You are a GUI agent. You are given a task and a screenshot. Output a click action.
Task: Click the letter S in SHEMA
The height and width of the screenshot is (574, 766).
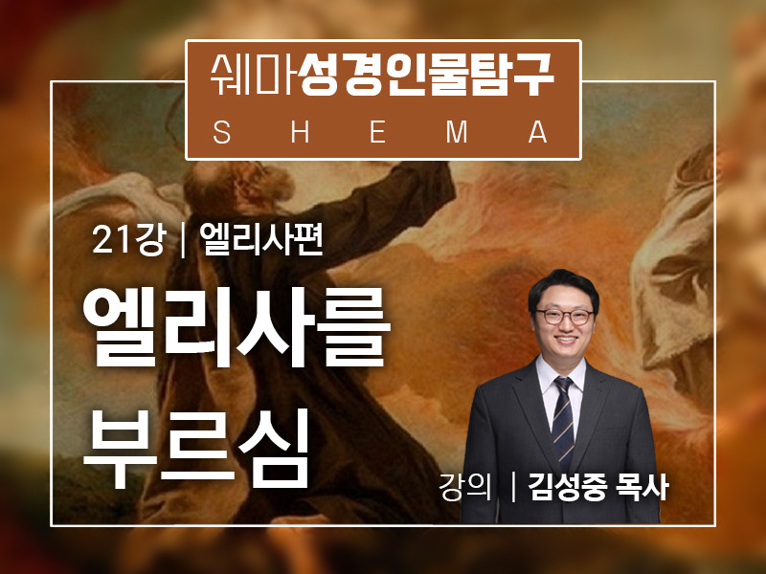pyautogui.click(x=222, y=132)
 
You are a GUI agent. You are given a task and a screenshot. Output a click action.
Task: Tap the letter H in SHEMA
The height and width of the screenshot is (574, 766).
pyautogui.click(x=300, y=132)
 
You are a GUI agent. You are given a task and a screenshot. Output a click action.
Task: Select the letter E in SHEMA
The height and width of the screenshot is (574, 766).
pyautogui.click(x=377, y=132)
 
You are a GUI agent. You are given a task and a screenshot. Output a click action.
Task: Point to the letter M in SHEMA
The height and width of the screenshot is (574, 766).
pyautogui.click(x=457, y=132)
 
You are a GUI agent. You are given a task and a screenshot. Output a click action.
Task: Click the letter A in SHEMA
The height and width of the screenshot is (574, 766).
pyautogui.click(x=538, y=132)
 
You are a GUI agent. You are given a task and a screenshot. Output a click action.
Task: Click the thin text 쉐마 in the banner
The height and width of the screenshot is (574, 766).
pyautogui.click(x=252, y=75)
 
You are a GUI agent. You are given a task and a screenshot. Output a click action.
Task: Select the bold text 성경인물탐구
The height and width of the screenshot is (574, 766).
pyautogui.click(x=426, y=75)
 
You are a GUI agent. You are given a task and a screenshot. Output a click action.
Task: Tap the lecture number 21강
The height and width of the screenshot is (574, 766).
pyautogui.click(x=128, y=240)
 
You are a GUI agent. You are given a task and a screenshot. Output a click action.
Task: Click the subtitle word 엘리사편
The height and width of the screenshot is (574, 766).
pyautogui.click(x=261, y=239)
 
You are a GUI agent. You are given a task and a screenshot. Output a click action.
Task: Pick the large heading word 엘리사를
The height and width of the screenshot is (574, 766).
pyautogui.click(x=237, y=327)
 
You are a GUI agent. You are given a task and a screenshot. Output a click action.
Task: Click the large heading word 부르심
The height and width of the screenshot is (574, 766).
pyautogui.click(x=197, y=448)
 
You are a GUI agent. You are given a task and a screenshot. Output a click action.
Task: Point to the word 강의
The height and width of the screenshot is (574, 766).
pyautogui.click(x=465, y=486)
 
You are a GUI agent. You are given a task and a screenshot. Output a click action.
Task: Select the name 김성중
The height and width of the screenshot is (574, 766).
pyautogui.click(x=568, y=487)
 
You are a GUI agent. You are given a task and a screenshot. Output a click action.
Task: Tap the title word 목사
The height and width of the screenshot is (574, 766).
pyautogui.click(x=642, y=486)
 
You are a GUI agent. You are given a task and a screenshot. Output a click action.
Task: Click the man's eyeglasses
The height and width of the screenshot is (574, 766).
pyautogui.click(x=565, y=317)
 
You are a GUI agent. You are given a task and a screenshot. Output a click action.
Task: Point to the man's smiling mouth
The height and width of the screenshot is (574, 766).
pyautogui.click(x=566, y=339)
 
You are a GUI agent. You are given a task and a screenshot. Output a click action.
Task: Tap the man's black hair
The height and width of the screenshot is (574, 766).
pyautogui.click(x=563, y=288)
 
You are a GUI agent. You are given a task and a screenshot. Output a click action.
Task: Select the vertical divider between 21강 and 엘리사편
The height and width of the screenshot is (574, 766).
pyautogui.click(x=183, y=240)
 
